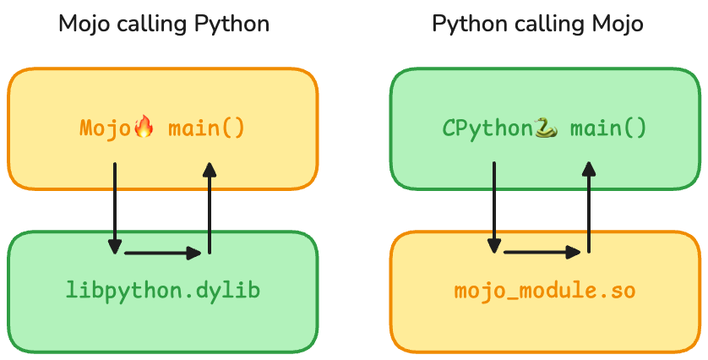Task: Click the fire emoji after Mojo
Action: [x=144, y=128]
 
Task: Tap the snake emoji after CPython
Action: [x=546, y=128]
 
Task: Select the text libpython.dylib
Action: [x=163, y=291]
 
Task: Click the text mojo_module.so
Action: [x=545, y=291]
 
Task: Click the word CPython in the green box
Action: [x=487, y=128]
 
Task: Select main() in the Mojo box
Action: [x=206, y=128]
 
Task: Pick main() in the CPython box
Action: [x=608, y=128]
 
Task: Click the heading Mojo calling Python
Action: [x=164, y=24]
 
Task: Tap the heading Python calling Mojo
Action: [x=537, y=24]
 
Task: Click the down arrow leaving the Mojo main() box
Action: [x=114, y=207]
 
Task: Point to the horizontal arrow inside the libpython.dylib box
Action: [x=162, y=252]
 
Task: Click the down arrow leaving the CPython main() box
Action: [x=494, y=207]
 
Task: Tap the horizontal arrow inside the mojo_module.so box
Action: [x=542, y=252]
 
